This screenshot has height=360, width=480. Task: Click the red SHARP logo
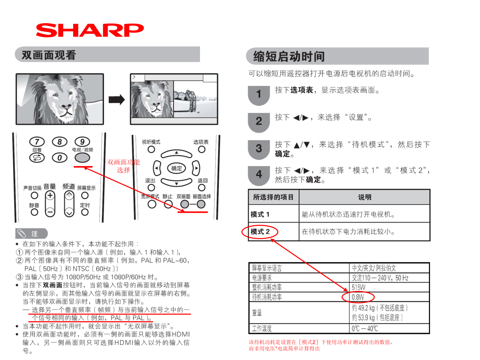(x=90, y=30)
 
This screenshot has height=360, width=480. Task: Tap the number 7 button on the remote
(x=37, y=142)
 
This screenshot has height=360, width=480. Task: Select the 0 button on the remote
(x=60, y=158)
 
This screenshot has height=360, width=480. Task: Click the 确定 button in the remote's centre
(x=176, y=168)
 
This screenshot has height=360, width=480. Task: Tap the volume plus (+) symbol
(x=50, y=195)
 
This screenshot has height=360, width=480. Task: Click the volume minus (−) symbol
(x=50, y=212)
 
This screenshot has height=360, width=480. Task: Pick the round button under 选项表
(x=202, y=150)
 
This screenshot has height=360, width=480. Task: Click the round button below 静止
(x=168, y=204)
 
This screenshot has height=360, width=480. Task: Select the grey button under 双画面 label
(x=185, y=204)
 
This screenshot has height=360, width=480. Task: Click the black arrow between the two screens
(x=117, y=100)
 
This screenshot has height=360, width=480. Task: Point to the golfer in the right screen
(x=191, y=100)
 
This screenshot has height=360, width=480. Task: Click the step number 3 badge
(x=259, y=150)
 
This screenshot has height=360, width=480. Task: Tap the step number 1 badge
(x=259, y=96)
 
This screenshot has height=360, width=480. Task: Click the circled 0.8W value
(x=358, y=297)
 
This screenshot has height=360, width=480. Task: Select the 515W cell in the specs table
(x=358, y=287)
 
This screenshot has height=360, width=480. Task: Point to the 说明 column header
(x=364, y=197)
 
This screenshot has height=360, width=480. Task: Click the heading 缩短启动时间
(x=289, y=56)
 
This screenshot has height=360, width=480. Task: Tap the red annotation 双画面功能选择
(x=123, y=166)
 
